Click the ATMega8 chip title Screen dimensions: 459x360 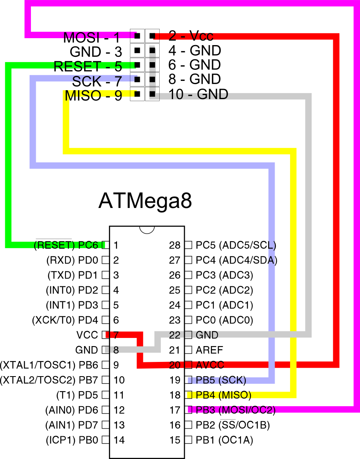[x=145, y=201]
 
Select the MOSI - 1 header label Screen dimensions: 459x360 [x=91, y=38]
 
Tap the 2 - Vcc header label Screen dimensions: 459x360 [x=191, y=36]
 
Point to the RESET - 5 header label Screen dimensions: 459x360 [x=87, y=66]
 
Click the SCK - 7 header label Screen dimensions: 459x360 [x=97, y=82]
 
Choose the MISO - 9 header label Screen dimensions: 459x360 [x=93, y=96]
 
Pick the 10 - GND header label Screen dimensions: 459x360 [x=198, y=94]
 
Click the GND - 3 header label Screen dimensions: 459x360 [x=96, y=52]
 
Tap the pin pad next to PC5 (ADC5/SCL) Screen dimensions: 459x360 [x=188, y=245]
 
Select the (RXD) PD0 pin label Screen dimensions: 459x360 [x=72, y=260]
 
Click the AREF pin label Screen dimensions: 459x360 [x=210, y=350]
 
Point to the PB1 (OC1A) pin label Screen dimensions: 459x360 [x=224, y=440]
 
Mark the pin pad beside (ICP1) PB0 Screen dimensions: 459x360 [x=106, y=440]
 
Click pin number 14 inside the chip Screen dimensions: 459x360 [x=119, y=440]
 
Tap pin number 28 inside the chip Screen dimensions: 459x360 [x=175, y=245]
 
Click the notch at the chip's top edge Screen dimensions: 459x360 [x=147, y=229]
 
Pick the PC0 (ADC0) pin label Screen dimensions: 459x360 [x=224, y=320]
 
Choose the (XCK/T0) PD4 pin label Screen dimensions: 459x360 [x=65, y=320]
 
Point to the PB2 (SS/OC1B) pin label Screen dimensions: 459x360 [x=233, y=425]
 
